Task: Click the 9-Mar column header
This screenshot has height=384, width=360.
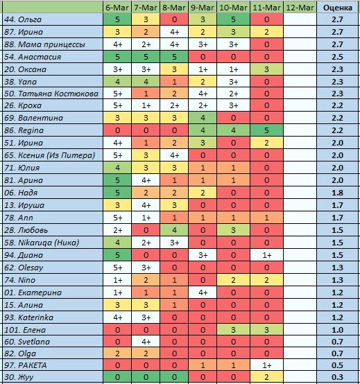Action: (x=203, y=8)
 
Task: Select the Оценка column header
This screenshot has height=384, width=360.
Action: (x=337, y=8)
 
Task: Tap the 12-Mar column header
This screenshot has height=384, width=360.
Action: (x=300, y=8)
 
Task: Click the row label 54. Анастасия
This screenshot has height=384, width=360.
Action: (x=33, y=57)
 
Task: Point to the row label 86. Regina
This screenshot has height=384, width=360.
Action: (x=24, y=130)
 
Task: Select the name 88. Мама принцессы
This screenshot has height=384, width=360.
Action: (x=44, y=44)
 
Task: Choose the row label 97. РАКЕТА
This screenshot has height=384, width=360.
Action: (x=25, y=365)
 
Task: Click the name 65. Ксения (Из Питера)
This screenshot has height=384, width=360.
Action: (x=49, y=155)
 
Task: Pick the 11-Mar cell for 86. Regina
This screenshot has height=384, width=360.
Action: (x=266, y=130)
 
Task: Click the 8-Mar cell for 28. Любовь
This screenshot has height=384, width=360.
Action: (x=174, y=230)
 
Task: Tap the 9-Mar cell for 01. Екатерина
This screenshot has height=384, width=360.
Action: (x=203, y=293)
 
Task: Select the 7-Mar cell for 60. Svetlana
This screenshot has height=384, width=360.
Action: (x=146, y=342)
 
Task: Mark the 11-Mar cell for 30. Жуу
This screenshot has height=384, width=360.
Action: (x=266, y=377)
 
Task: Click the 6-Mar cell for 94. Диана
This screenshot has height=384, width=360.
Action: (x=117, y=255)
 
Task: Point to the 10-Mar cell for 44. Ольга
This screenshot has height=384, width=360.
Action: (x=233, y=19)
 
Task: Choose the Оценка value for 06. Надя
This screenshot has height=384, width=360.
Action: (x=337, y=193)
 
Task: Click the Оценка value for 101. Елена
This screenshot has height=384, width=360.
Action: (x=337, y=330)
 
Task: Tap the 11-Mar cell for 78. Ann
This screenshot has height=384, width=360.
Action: (x=266, y=218)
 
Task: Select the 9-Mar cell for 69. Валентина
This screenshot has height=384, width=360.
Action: (x=203, y=118)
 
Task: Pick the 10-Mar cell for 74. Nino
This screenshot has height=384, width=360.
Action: (x=233, y=280)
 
